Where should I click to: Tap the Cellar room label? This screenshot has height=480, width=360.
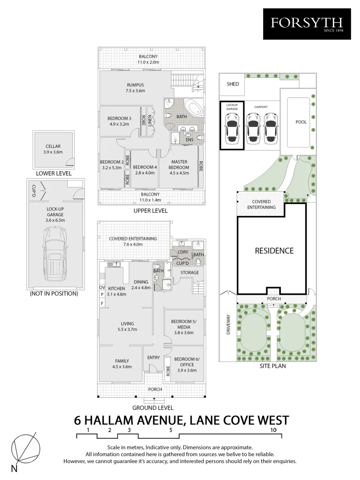(53, 149)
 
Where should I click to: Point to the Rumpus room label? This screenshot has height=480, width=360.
(135, 88)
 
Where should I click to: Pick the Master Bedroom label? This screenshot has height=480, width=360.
(180, 164)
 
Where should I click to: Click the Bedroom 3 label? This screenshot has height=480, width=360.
(119, 121)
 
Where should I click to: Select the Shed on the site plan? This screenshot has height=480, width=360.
(232, 84)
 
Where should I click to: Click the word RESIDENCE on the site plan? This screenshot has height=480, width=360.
(274, 251)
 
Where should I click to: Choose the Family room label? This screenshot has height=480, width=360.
(122, 364)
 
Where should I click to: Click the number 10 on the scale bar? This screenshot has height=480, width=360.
(273, 430)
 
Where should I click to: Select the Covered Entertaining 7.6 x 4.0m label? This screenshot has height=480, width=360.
(133, 241)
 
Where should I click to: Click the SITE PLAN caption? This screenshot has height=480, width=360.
(273, 367)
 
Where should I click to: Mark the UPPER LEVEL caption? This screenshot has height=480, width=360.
(150, 211)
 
